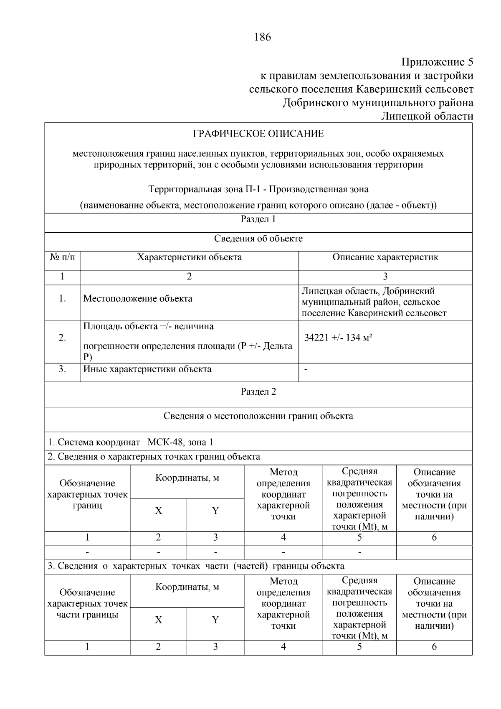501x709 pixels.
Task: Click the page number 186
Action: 262,37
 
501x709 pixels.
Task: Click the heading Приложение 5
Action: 437,63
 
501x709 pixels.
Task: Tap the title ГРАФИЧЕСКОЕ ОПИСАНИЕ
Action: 258,134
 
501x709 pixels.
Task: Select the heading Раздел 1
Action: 258,219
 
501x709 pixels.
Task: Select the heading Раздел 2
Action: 258,392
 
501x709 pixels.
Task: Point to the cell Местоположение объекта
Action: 138,299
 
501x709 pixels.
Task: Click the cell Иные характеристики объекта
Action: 147,369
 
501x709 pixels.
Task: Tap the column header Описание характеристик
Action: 385,257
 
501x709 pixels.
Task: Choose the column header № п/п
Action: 62,257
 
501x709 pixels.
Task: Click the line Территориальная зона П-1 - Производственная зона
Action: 258,189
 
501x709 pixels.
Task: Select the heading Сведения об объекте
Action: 258,239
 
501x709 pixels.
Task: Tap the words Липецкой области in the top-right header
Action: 427,116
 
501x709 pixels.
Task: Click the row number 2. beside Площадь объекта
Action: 62,338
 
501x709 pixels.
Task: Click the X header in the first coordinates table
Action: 158,511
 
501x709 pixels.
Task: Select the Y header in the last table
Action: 215,620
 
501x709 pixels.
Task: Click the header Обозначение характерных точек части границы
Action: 87,604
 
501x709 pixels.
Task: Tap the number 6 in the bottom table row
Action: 434,647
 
